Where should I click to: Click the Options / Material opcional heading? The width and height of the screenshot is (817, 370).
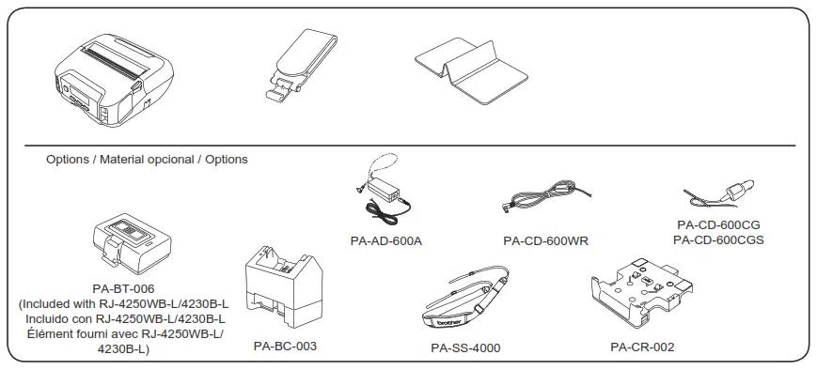[x=147, y=160]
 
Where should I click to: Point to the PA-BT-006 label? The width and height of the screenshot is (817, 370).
[x=123, y=289]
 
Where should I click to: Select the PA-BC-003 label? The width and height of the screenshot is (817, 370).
[x=285, y=347]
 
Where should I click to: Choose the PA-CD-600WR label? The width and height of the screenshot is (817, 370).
[x=545, y=240]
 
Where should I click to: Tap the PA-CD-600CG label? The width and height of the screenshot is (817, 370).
[x=717, y=225]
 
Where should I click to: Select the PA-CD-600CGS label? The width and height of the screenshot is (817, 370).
[x=717, y=239]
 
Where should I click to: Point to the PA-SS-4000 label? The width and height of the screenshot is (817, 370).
[x=465, y=348]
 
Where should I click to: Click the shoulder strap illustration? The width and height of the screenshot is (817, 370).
[x=466, y=300]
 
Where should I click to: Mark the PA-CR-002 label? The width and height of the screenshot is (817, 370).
[x=641, y=347]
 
